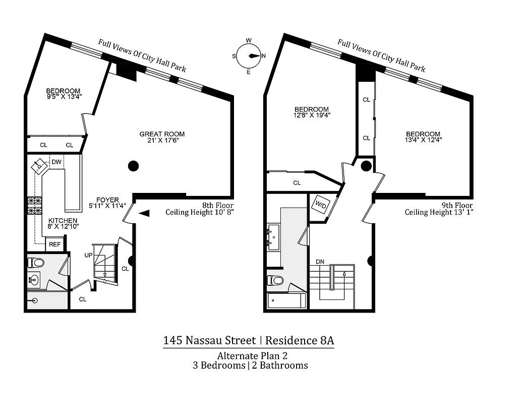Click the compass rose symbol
point(249,56)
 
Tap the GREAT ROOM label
point(162,134)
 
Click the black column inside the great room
point(133,165)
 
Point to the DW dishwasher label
point(56,162)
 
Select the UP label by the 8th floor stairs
point(88,255)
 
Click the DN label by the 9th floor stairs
point(320,262)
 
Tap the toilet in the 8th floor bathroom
point(36,263)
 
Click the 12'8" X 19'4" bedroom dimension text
point(312,115)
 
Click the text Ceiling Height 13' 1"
point(439,212)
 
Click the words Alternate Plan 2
point(249,356)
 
